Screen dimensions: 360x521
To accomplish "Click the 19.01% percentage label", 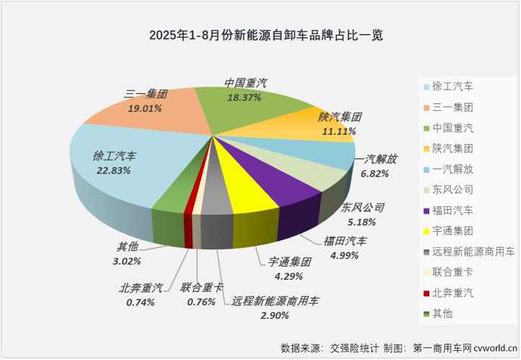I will tap(145, 108).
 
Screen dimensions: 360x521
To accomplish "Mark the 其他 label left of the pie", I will tap(126, 246).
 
